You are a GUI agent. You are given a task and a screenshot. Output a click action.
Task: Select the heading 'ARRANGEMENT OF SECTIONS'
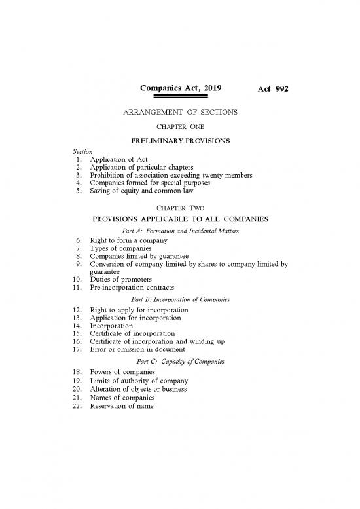click(180, 113)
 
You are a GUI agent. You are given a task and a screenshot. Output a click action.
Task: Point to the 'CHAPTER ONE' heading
click(180, 127)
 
